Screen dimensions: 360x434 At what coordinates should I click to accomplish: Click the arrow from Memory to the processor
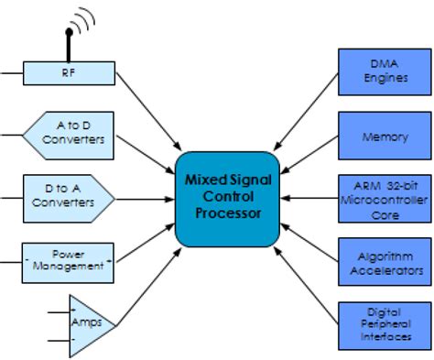[x=308, y=157]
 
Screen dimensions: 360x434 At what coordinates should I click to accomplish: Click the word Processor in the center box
[x=228, y=213]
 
